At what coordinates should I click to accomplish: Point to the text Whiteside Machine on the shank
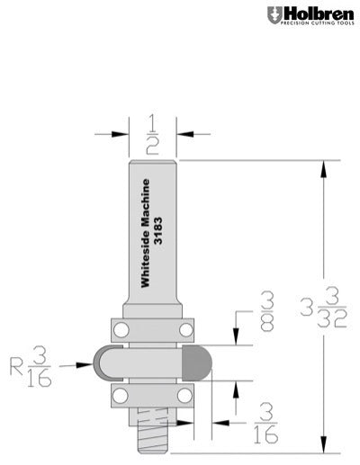pyautogui.click(x=144, y=233)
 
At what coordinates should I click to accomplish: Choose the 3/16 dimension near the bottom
pyautogui.click(x=266, y=421)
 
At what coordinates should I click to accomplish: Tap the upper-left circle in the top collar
pyautogui.click(x=118, y=326)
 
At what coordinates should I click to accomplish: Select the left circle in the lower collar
pyautogui.click(x=118, y=396)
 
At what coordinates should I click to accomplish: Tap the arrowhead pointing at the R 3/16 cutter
pyautogui.click(x=88, y=366)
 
